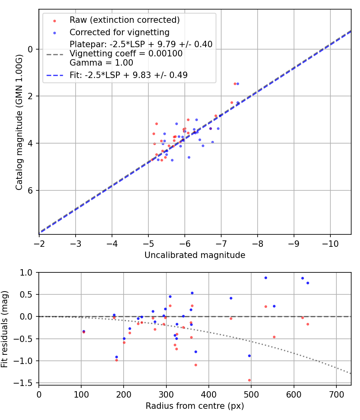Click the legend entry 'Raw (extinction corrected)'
(x=124, y=20)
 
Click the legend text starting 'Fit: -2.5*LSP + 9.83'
(x=128, y=75)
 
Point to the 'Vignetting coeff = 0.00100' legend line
(x=126, y=54)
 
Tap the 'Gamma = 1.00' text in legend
(x=101, y=63)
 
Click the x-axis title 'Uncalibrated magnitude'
(x=195, y=255)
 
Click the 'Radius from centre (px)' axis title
(x=195, y=406)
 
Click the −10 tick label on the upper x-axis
(x=330, y=243)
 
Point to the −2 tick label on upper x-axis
(x=39, y=243)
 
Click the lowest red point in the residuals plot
(x=249, y=380)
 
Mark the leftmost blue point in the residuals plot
(x=84, y=331)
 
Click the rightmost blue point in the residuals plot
(x=308, y=283)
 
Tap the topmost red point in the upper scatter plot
(x=235, y=84)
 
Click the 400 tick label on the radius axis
(x=209, y=394)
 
